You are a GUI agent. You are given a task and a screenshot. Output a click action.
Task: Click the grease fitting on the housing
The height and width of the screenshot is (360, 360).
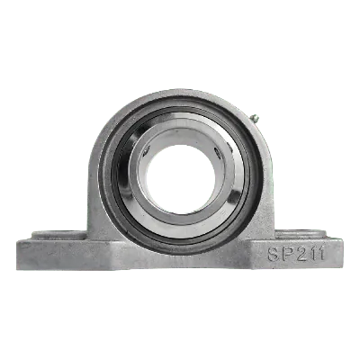[x=255, y=119]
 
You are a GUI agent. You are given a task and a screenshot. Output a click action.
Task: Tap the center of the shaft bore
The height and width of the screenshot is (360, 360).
[x=181, y=179]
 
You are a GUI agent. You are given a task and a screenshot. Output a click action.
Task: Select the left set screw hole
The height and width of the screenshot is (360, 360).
[x=147, y=149]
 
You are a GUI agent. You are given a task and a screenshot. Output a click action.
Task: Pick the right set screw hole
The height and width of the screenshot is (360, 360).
[x=217, y=149]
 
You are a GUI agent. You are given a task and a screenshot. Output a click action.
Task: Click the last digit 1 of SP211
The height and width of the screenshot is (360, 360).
[x=320, y=254]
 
